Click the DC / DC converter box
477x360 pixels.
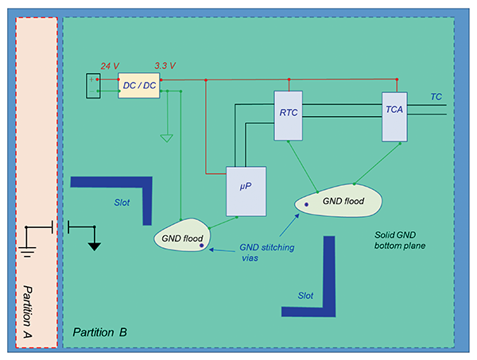pos(138,85)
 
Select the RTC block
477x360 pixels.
pos(289,115)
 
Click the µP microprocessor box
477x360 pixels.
pos(246,192)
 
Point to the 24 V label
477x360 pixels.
pos(109,65)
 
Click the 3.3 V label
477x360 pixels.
pos(165,65)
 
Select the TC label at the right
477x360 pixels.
pos(436,96)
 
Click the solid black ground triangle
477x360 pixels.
pos(94,245)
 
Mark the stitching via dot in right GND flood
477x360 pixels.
pos(306,205)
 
